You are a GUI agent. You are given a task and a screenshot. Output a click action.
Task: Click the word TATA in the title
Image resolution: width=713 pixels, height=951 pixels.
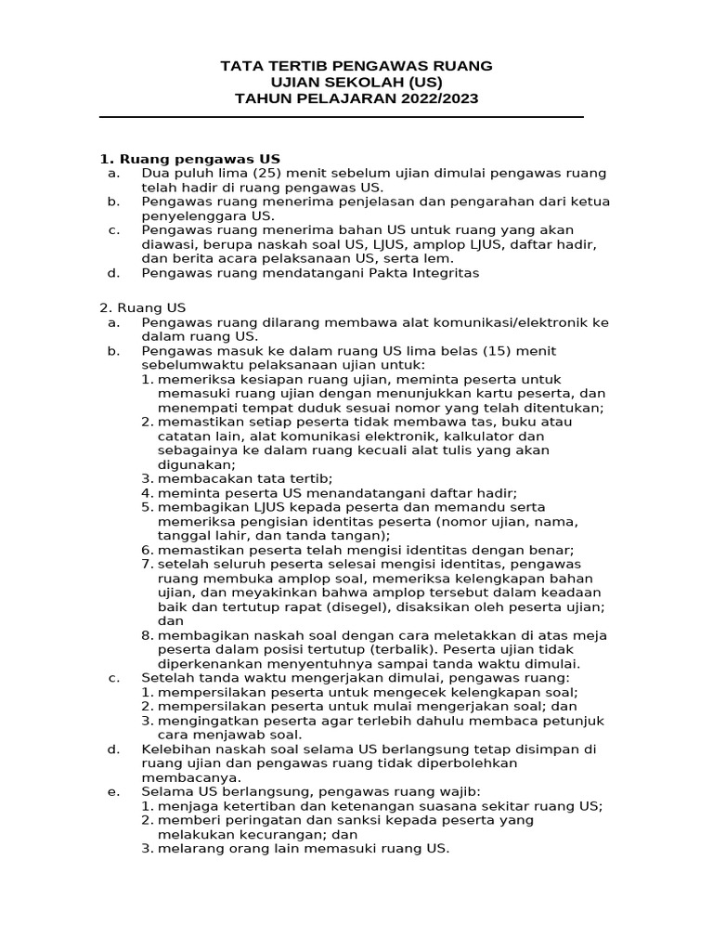239,66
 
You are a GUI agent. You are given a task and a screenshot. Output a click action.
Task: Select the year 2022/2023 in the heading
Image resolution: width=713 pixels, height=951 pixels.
439,98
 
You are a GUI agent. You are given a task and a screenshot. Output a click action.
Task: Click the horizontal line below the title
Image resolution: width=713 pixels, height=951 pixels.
341,117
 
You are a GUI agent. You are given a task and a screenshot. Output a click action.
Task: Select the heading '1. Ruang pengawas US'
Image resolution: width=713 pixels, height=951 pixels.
189,158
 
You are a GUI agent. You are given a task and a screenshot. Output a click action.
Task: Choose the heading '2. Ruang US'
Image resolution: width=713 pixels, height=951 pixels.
142,307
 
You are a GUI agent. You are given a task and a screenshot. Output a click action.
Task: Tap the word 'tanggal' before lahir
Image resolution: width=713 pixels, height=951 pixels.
184,536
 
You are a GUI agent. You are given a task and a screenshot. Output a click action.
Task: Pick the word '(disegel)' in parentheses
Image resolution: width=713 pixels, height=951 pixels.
367,606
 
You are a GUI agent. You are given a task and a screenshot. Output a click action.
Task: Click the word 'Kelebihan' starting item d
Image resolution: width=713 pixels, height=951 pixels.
174,749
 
